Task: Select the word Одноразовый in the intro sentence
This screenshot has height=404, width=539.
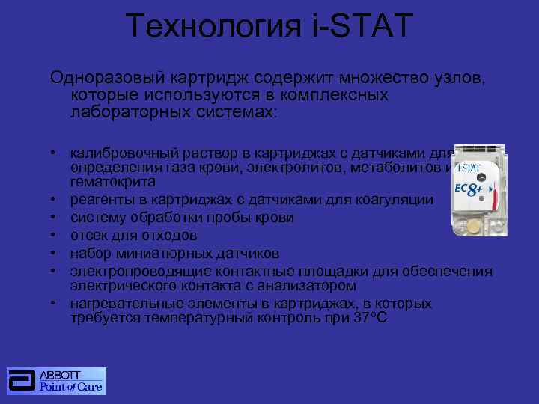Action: (x=101, y=77)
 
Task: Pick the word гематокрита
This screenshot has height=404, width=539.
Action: (x=113, y=182)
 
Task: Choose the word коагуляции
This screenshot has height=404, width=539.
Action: (x=391, y=200)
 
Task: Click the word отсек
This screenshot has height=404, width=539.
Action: (x=88, y=235)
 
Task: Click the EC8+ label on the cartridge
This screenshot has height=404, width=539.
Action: (x=469, y=189)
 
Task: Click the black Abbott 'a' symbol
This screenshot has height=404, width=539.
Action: (x=22, y=381)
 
